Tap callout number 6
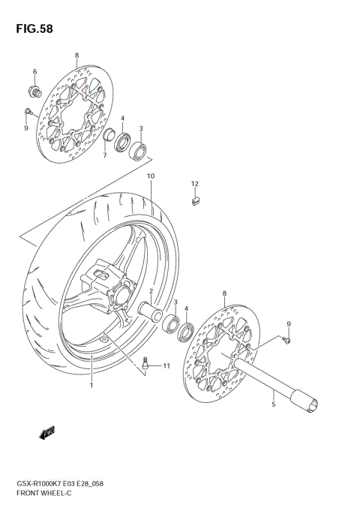point(34,72)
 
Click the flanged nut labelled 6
point(35,92)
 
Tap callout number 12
point(193,184)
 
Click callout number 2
point(151,291)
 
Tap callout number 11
point(167,366)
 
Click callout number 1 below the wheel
point(92,386)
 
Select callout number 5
point(274,404)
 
